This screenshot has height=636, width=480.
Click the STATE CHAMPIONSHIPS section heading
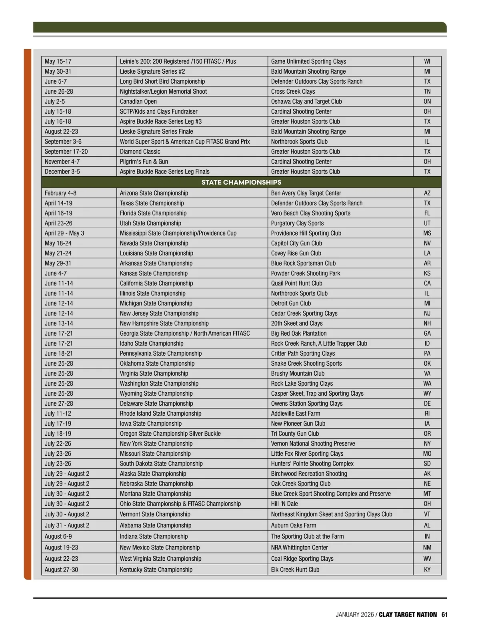[x=241, y=183]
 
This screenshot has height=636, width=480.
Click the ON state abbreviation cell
[x=427, y=102]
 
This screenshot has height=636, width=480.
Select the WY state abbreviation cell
[x=427, y=393]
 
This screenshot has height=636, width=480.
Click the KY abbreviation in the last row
[x=427, y=570]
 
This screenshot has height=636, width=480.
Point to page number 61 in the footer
[x=445, y=614]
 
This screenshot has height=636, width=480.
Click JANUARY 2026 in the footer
[x=354, y=614]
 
